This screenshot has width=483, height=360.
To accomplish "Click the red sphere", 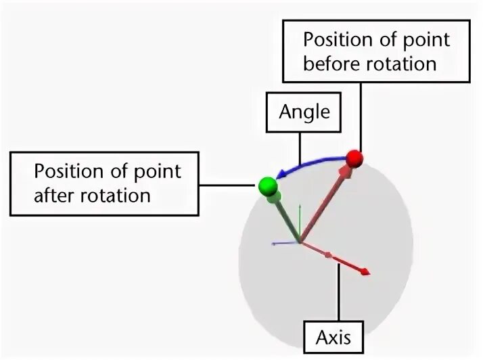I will click(354, 158).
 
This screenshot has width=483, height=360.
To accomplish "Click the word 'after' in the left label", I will click(57, 196).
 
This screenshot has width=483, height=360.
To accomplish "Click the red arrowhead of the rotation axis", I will click(365, 271).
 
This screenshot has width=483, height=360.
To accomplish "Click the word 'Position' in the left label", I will click(68, 171).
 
